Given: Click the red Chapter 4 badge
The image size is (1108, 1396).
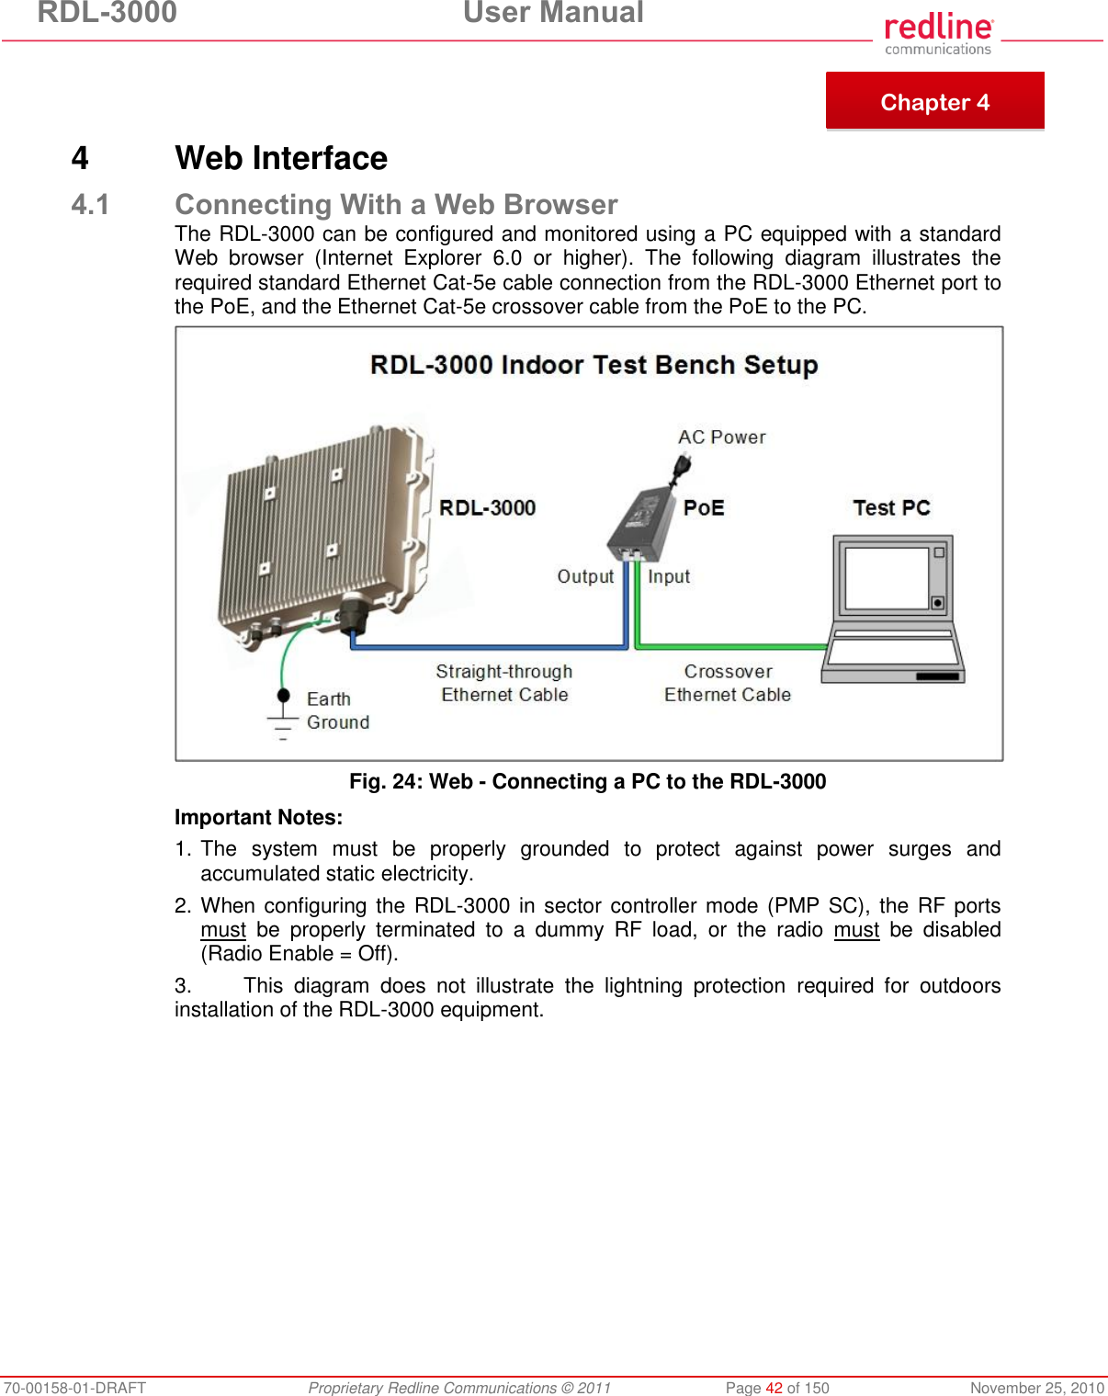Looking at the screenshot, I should pos(934,101).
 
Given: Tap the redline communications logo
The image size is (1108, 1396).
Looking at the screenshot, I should pos(938,34).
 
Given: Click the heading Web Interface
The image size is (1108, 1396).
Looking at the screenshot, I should pos(281,158).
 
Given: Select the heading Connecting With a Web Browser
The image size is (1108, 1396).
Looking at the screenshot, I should pos(396,204).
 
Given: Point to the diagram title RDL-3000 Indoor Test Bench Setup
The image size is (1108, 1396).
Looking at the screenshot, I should pos(594,365).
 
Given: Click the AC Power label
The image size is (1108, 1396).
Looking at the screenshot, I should pos(721,437).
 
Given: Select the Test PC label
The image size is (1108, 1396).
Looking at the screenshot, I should pos(891,508).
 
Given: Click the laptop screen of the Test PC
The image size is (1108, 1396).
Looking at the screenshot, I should pos(887,578).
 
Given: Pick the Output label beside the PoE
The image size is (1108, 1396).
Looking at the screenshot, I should pos(585,576).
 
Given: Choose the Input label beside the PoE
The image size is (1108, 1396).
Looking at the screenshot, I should pos(669,576).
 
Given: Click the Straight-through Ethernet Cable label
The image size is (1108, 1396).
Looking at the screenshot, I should pos(504,683).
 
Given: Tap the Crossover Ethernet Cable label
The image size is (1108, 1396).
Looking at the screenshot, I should pos(728,683).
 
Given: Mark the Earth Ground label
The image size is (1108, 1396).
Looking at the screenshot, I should pos(337,710).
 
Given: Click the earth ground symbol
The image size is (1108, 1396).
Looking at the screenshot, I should pos(283,717).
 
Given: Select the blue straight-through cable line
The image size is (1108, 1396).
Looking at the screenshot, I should pos(487,647).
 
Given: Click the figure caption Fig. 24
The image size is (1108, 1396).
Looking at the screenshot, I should pos(587,781).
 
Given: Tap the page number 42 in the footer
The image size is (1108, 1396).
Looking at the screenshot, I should pos(774,1388).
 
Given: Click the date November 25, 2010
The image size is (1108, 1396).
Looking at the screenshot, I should pos(1036,1388).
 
